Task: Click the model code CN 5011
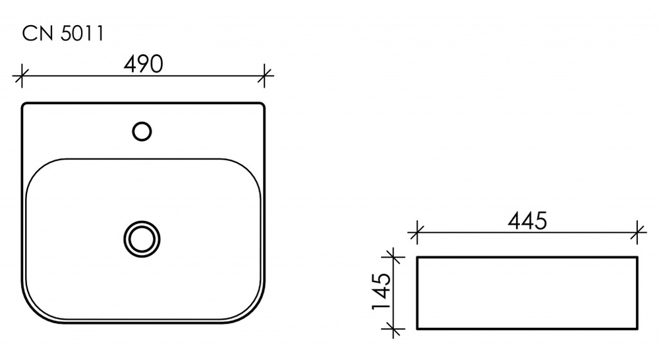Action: (63, 34)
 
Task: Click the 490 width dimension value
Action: (143, 65)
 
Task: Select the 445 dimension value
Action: (527, 221)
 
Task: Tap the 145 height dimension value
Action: (382, 291)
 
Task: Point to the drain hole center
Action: (142, 239)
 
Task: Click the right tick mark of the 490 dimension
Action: (264, 76)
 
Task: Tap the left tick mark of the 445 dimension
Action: (416, 231)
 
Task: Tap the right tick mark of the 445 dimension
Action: (638, 231)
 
